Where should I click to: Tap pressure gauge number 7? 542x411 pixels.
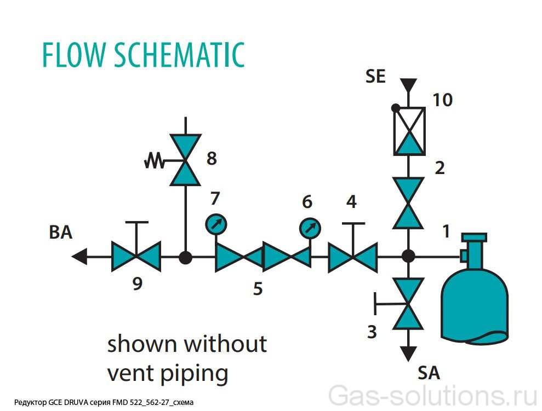pyautogui.click(x=216, y=224)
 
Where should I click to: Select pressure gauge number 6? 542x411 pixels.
pyautogui.click(x=310, y=228)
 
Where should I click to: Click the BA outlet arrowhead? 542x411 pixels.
pyautogui.click(x=79, y=257)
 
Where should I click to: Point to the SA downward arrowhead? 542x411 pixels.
pyautogui.click(x=408, y=354)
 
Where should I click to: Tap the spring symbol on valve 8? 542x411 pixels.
pyautogui.click(x=154, y=161)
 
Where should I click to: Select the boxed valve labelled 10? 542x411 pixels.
pyautogui.click(x=409, y=131)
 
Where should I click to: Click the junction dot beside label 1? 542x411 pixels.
pyautogui.click(x=408, y=257)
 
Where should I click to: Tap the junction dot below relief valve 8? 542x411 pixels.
pyautogui.click(x=186, y=257)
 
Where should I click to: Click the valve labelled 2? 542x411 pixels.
pyautogui.click(x=408, y=203)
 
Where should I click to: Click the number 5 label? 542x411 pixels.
pyautogui.click(x=258, y=288)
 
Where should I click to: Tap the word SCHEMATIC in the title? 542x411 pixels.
pyautogui.click(x=179, y=55)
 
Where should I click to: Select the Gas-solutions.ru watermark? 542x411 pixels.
pyautogui.click(x=433, y=396)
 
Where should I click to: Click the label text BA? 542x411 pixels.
pyautogui.click(x=61, y=232)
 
